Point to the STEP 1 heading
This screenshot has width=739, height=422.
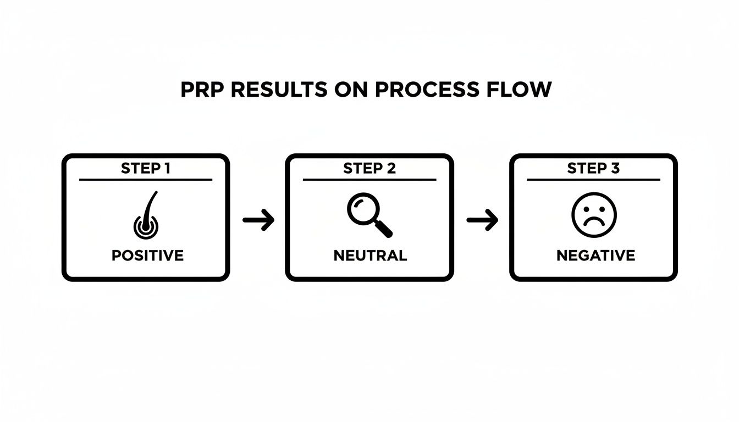coord(145,169)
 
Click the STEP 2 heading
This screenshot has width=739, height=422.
coord(369,169)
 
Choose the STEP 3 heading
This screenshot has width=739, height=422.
coord(593,169)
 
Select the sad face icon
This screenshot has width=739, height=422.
coord(594,215)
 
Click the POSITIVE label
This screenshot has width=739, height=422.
coord(147,256)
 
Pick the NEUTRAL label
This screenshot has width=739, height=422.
coord(370,256)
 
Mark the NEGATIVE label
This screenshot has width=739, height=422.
coord(595,256)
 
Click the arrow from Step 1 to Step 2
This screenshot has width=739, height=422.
coord(258,220)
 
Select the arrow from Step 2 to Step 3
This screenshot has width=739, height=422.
coord(482,220)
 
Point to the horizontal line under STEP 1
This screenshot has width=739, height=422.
coord(145,180)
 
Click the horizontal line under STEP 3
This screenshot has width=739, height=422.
coord(593,180)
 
